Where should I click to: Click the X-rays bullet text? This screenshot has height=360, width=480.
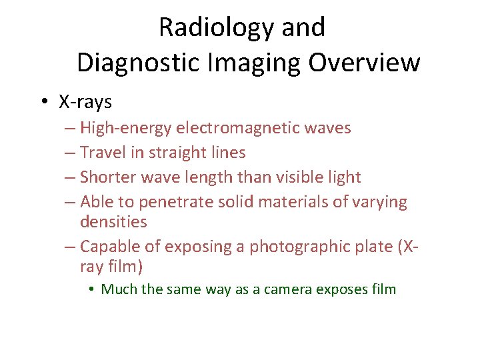85,102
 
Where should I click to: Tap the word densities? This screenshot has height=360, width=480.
113,221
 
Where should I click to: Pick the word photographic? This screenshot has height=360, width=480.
293,247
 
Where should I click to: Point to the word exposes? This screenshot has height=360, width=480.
344,289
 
